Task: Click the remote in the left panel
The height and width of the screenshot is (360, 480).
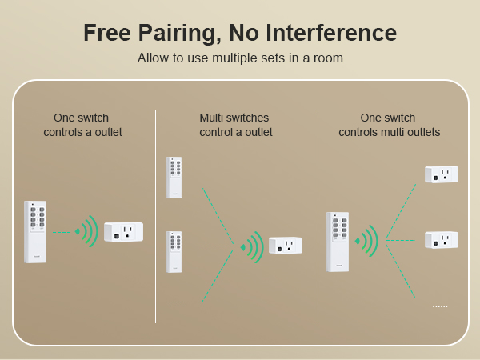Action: click(35, 231)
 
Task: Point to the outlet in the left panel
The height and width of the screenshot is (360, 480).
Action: click(123, 231)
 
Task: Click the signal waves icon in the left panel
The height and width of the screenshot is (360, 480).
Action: click(86, 231)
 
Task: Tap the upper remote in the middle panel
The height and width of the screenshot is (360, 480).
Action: click(174, 177)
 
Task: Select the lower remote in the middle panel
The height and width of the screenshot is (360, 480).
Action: click(174, 251)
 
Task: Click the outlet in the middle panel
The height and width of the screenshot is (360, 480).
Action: click(286, 246)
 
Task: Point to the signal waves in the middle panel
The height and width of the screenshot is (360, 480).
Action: click(253, 246)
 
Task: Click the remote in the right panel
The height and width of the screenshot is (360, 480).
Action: click(338, 241)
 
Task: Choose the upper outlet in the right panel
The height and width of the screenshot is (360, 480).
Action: click(441, 174)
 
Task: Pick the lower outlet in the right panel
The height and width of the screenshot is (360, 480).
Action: click(441, 239)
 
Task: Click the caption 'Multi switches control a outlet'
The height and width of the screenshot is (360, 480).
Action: click(235, 125)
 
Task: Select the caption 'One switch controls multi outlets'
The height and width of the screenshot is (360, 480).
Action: click(389, 125)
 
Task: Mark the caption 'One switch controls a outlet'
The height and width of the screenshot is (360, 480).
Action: click(82, 125)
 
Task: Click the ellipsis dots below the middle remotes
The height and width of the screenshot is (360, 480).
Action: click(174, 306)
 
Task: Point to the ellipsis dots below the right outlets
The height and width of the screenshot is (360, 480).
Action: click(440, 306)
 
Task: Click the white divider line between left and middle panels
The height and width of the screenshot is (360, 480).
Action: click(155, 216)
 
